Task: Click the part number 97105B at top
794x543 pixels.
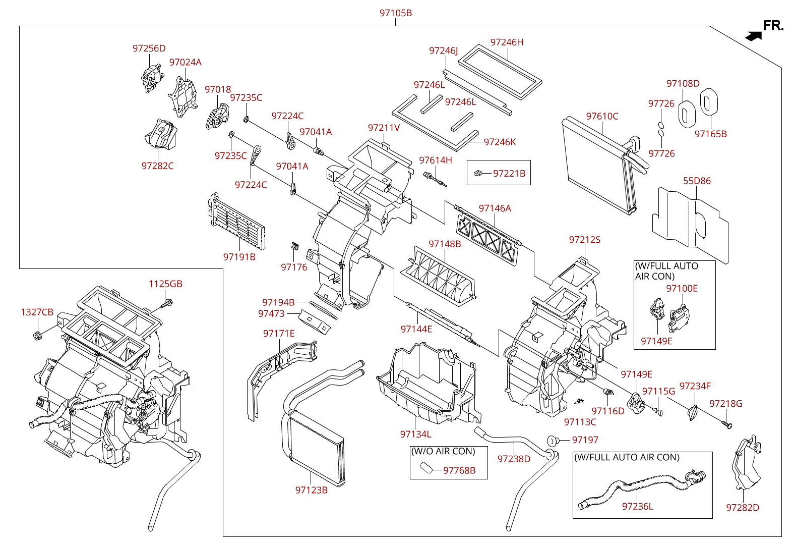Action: coord(395,13)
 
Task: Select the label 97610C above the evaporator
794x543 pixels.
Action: coord(602,116)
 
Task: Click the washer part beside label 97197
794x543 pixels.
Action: coord(552,441)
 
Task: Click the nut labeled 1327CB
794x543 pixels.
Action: coord(37,336)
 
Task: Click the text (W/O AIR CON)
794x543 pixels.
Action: coord(443,451)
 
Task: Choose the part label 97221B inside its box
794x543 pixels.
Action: coord(509,174)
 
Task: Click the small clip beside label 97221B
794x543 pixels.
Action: coord(478,174)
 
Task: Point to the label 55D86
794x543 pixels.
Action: coord(697,181)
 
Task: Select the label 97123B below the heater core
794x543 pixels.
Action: coord(311,490)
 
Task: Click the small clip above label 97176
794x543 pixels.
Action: coord(295,246)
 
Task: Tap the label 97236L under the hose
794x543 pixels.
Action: coord(637,506)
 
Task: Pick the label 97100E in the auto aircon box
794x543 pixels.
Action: coord(682,288)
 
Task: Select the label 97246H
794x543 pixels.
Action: coord(507,42)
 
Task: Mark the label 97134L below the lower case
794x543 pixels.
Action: coord(415,434)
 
